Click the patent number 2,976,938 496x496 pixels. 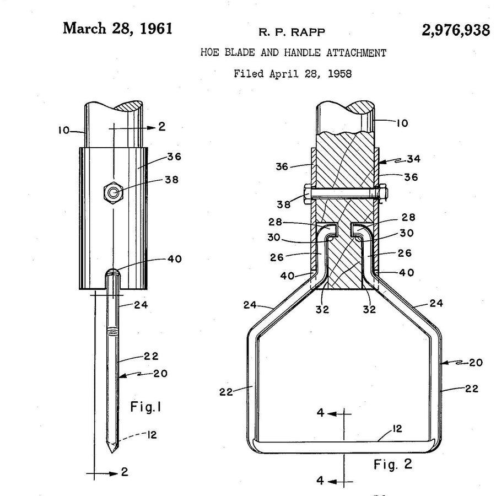(x=456, y=30)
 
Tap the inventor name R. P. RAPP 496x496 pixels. (x=292, y=33)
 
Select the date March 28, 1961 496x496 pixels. (x=118, y=29)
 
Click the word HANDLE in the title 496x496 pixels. (x=302, y=52)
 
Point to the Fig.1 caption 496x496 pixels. (x=146, y=407)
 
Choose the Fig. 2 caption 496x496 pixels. (x=393, y=465)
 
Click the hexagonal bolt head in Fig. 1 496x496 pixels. (x=114, y=193)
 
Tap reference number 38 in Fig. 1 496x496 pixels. (x=172, y=180)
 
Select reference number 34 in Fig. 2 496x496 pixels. (x=413, y=159)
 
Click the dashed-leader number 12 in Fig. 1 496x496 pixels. (x=152, y=435)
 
